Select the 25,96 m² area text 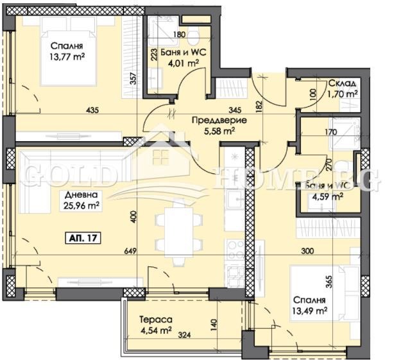tap(80, 206)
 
